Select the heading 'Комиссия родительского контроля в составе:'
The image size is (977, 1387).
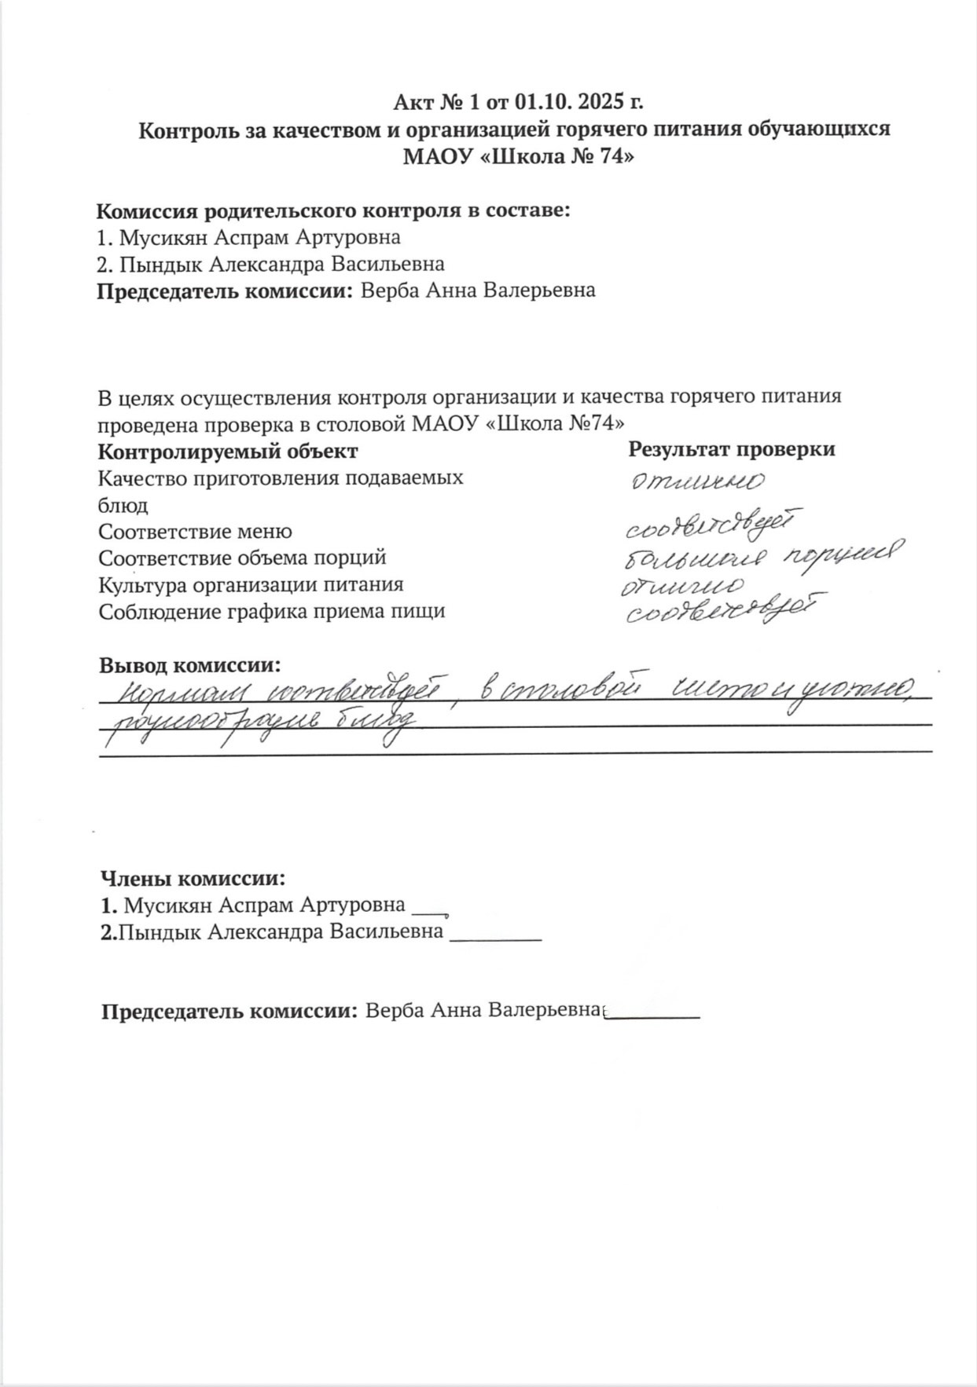[332, 210]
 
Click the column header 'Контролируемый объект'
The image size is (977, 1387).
[228, 452]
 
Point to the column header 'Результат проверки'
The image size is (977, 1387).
[731, 449]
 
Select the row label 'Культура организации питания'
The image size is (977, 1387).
[251, 585]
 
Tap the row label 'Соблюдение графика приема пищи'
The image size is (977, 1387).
[271, 612]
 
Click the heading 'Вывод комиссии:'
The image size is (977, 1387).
[189, 666]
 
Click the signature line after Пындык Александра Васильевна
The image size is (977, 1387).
[495, 939]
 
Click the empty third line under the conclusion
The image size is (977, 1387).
[515, 752]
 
